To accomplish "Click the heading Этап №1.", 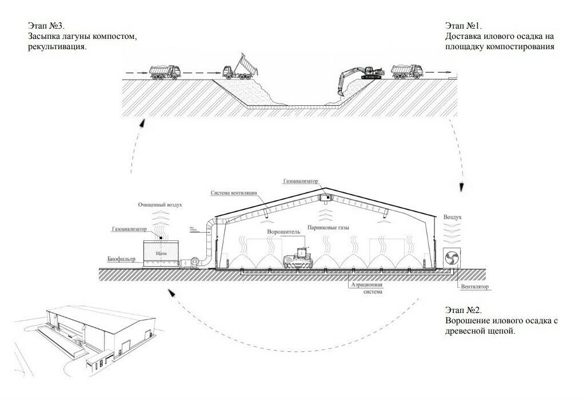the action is pos(463,26).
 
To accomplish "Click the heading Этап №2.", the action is pos(462,310).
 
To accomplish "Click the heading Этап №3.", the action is pos(46,26).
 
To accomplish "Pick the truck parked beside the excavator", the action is pos(407,71).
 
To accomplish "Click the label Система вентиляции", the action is pos(233,193).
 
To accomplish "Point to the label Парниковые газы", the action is pos(326,227).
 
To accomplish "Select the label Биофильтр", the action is pos(121,259).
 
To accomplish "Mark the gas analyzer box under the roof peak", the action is pos(326,197).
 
